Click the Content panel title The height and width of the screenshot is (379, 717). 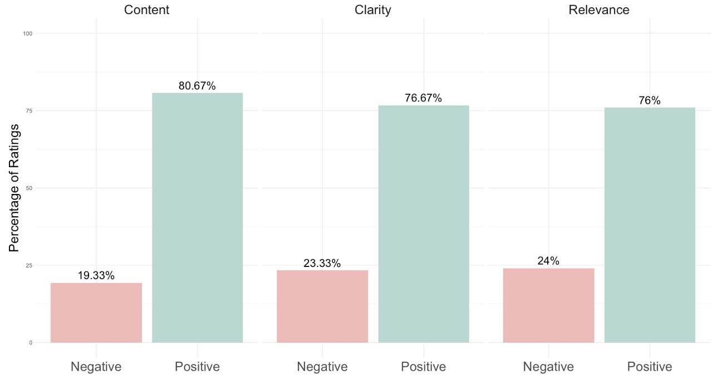click(147, 10)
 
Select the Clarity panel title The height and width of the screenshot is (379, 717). click(373, 10)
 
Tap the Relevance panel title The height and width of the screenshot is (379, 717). click(599, 10)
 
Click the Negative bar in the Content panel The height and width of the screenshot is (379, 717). click(96, 313)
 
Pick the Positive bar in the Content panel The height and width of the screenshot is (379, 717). click(197, 218)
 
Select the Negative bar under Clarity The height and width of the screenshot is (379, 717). click(322, 307)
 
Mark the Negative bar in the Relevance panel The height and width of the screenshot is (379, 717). click(548, 305)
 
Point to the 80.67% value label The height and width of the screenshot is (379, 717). click(197, 86)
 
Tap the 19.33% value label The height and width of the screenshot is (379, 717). click(96, 276)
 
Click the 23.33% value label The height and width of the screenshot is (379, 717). click(322, 264)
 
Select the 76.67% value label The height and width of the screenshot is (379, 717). click(424, 99)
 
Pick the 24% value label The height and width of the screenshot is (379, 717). click(548, 261)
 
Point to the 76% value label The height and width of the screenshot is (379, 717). click(650, 101)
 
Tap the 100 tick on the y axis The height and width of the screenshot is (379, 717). click(27, 33)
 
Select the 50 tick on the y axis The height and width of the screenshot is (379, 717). click(28, 188)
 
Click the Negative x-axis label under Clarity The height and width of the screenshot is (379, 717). click(322, 367)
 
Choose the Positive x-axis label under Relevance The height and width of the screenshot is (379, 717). click(650, 367)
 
